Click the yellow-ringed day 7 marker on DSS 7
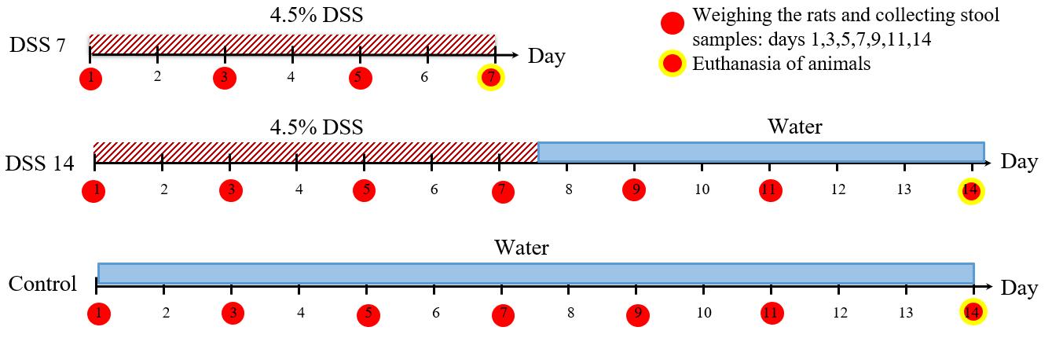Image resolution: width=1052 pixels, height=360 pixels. [x=491, y=78]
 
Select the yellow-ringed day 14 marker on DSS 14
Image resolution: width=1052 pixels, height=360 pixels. [x=971, y=191]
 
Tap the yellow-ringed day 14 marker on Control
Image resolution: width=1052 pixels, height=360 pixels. [x=973, y=312]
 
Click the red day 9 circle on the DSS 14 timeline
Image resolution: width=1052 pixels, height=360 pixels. [x=634, y=190]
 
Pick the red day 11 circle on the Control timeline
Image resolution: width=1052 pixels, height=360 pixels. [x=772, y=313]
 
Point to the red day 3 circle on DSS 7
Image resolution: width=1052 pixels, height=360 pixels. [x=225, y=78]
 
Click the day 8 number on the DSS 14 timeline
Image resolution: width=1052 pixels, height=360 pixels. [x=569, y=189]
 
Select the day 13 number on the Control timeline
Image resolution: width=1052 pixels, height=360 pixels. [x=905, y=313]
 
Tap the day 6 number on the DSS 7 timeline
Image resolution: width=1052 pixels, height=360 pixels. [x=424, y=77]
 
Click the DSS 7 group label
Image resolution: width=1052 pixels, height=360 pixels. [x=38, y=45]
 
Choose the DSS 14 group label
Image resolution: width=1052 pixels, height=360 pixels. [x=40, y=163]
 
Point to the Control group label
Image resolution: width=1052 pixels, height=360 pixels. [x=42, y=284]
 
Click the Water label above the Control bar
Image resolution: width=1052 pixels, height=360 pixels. [x=522, y=248]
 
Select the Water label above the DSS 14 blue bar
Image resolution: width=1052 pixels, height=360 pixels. [x=794, y=127]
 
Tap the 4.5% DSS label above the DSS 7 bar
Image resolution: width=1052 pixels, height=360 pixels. [x=316, y=15]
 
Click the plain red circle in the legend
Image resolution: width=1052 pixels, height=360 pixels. [x=672, y=23]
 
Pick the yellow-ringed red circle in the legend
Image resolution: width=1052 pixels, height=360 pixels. [x=672, y=64]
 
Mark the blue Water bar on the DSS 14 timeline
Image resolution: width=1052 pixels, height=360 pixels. [x=761, y=152]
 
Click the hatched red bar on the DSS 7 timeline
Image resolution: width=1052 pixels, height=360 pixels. [x=292, y=44]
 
